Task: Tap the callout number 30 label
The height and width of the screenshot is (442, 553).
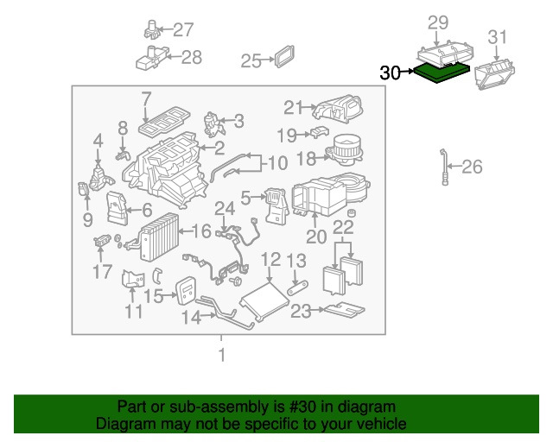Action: [x=391, y=73]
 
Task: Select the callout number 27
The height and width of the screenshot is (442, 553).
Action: [x=183, y=30]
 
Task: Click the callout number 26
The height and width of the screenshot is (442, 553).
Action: [x=472, y=167]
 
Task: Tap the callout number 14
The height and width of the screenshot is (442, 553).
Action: [x=190, y=317]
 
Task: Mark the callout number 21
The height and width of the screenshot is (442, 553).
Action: [x=294, y=107]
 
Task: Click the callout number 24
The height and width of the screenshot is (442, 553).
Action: [x=225, y=208]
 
